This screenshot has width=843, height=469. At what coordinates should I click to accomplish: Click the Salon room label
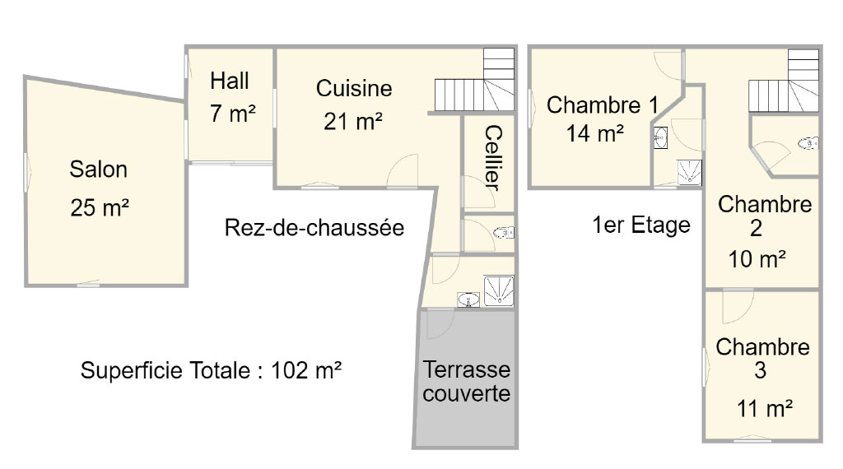pos(99,169)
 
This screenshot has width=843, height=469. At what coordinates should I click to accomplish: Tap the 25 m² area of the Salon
pos(100,207)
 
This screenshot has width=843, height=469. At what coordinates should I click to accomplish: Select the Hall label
pos(230,81)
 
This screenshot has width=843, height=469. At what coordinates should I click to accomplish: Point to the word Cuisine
pos(354,89)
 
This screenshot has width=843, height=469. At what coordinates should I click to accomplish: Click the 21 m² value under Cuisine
pos(353,122)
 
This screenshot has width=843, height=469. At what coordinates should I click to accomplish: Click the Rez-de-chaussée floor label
pos(314,227)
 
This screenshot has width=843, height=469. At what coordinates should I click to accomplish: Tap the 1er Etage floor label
pos(641,225)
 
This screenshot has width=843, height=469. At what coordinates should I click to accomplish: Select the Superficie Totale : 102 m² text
pos(212,370)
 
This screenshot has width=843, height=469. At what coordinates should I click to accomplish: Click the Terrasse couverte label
pos(466,381)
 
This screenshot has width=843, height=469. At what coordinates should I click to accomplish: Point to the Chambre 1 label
pos(603,104)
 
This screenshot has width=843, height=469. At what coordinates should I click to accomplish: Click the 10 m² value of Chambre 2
pos(757,259)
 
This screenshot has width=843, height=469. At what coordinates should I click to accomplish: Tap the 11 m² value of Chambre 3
pos(765,408)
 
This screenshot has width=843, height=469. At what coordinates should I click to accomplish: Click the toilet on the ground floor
pos(504,233)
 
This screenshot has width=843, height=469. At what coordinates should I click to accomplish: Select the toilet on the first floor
pos(808,143)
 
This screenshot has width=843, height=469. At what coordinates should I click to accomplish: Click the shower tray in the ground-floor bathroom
pos(499,290)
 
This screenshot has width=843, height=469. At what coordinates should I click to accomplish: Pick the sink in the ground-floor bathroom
pos(468,300)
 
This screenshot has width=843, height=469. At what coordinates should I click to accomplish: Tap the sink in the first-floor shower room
pos(660,137)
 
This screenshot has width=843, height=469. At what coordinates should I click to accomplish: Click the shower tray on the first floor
pos(689,173)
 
